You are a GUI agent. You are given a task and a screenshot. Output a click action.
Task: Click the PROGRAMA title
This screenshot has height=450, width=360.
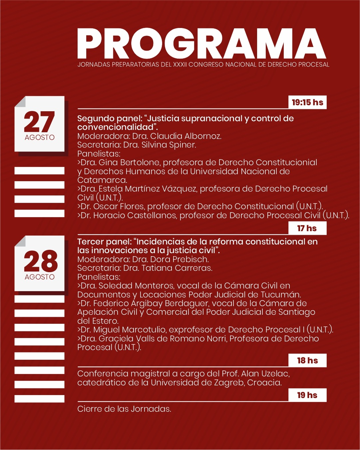click(x=201, y=43)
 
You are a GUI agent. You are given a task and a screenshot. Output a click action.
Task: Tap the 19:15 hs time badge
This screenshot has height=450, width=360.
click(x=307, y=102)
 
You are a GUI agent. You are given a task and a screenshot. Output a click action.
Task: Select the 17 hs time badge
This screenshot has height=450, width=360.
click(x=307, y=228)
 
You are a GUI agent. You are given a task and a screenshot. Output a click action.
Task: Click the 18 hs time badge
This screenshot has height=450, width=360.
click(x=307, y=360)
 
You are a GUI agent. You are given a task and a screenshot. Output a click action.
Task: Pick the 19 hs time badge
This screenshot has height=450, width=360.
click(x=307, y=395)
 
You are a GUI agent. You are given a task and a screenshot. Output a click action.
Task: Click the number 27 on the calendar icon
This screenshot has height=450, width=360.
click(x=39, y=122)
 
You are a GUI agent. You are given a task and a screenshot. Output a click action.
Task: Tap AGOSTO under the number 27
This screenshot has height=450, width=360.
click(x=40, y=138)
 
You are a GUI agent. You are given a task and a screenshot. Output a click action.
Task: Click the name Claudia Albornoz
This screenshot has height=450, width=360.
click(x=185, y=136)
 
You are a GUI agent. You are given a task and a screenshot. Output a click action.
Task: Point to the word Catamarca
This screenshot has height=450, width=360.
click(x=102, y=180)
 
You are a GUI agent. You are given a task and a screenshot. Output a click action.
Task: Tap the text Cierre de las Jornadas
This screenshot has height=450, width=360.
click(x=124, y=409)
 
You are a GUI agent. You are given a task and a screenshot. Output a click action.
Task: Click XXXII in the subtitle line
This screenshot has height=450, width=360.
click(x=180, y=65)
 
